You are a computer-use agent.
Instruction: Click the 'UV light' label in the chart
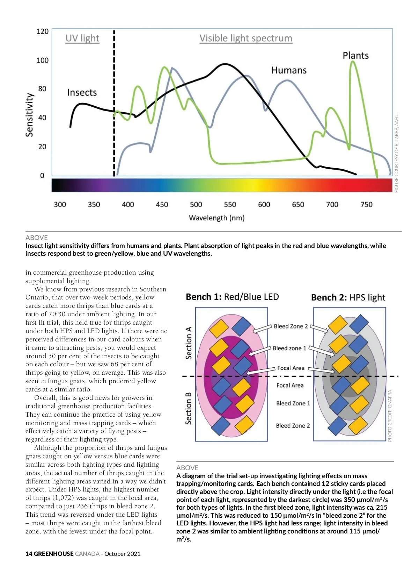pos(82,38)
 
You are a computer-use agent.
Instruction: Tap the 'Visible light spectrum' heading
pos(246,38)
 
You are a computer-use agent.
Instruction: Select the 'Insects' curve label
pos(82,92)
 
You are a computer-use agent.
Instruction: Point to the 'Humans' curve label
pos(289,70)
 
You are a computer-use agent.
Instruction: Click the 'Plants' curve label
pos(355,56)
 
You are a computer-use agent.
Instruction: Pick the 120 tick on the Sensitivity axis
pos(43,31)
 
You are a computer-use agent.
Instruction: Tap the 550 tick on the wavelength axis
pos(230,205)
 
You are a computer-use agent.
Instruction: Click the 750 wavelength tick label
pos(366,205)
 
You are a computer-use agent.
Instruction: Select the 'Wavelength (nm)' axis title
pos(216,218)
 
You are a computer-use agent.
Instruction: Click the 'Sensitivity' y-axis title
pos(30,115)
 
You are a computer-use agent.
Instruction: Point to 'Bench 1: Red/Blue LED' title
pos(232,297)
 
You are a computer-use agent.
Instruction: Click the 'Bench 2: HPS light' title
pos(348,298)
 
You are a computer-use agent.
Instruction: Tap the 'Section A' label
pos(189,343)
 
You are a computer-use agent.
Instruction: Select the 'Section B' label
pos(189,409)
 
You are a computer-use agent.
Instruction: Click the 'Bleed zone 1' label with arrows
pos(289,348)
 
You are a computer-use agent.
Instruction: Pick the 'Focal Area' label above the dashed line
pos(291,368)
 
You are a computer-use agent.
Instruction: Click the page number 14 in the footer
pos(29,554)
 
